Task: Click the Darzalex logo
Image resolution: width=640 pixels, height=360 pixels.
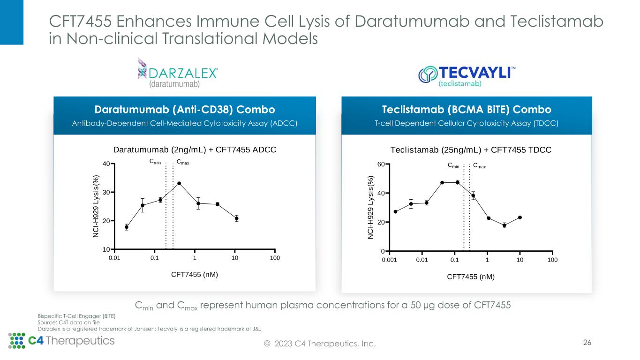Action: click(x=177, y=73)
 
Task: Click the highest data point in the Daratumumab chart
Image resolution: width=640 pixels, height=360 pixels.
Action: click(x=179, y=183)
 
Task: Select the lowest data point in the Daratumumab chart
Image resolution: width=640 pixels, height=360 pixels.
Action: click(x=127, y=227)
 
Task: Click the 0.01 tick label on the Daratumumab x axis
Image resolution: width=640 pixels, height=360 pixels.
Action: click(x=114, y=258)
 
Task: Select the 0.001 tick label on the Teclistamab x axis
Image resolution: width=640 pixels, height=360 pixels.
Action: click(x=390, y=260)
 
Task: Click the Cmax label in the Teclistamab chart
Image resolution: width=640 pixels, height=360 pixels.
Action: click(x=480, y=166)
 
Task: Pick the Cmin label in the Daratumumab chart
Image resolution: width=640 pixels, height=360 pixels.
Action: click(x=155, y=162)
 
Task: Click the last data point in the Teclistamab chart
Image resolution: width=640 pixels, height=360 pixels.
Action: click(x=520, y=217)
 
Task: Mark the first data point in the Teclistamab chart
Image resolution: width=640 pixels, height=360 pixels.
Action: click(x=395, y=212)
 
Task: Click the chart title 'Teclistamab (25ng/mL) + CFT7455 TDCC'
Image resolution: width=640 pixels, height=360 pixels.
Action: click(x=471, y=150)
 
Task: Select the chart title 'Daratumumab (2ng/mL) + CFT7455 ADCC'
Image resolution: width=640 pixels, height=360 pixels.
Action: click(x=195, y=150)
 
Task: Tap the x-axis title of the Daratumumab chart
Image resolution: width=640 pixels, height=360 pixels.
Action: click(x=195, y=275)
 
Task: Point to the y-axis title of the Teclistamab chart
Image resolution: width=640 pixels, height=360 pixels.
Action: click(x=370, y=207)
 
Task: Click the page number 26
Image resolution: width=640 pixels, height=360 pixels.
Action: click(x=587, y=343)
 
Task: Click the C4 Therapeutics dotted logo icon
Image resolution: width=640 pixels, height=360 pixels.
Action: click(x=17, y=341)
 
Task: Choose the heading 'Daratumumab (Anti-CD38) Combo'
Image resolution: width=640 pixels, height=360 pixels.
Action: click(x=185, y=109)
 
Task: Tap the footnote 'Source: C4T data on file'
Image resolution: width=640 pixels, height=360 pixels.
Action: click(x=68, y=322)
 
